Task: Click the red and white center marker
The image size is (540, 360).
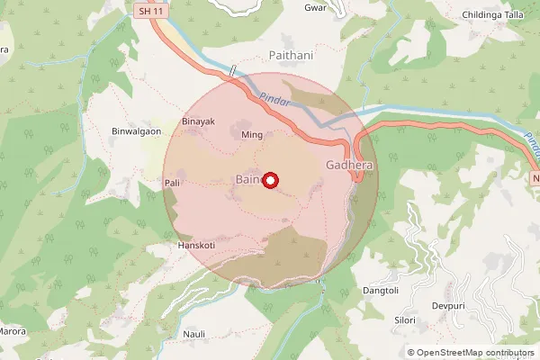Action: pyautogui.click(x=269, y=180)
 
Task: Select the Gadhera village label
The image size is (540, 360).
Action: pyautogui.click(x=348, y=166)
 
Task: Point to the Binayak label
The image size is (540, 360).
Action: pyautogui.click(x=198, y=121)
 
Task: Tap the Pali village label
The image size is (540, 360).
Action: pyautogui.click(x=173, y=183)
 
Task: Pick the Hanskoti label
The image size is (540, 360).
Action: pyautogui.click(x=196, y=244)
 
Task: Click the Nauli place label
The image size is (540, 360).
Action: pyautogui.click(x=194, y=334)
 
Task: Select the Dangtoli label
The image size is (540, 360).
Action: pyautogui.click(x=380, y=290)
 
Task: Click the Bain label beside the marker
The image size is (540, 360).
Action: pyautogui.click(x=247, y=180)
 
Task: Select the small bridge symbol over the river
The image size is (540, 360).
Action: pyautogui.click(x=232, y=70)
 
